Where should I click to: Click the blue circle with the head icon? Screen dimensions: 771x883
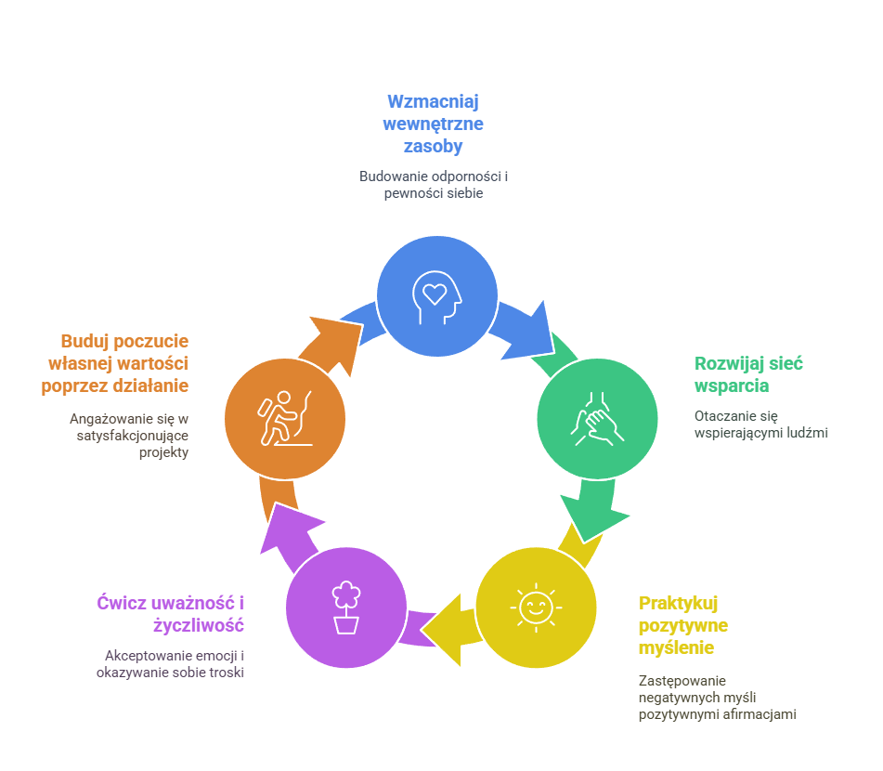click(x=436, y=295)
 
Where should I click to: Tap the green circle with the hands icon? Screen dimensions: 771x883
click(x=598, y=418)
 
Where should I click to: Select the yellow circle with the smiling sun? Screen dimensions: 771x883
click(x=536, y=608)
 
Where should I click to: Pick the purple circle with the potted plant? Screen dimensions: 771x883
click(x=346, y=608)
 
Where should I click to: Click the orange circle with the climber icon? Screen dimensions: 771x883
click(x=285, y=418)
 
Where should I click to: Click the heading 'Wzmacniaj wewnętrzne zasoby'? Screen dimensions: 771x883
click(x=434, y=124)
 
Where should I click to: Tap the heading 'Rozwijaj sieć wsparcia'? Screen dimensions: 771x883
click(x=748, y=374)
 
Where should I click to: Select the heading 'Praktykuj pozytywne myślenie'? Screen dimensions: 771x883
click(x=683, y=624)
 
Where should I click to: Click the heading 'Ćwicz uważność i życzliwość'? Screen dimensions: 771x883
click(x=171, y=613)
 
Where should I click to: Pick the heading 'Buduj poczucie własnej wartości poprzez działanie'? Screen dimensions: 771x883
click(x=115, y=363)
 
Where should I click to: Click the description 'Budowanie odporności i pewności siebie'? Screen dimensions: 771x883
click(x=434, y=184)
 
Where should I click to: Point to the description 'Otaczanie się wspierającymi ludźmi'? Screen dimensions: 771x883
click(x=760, y=424)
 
